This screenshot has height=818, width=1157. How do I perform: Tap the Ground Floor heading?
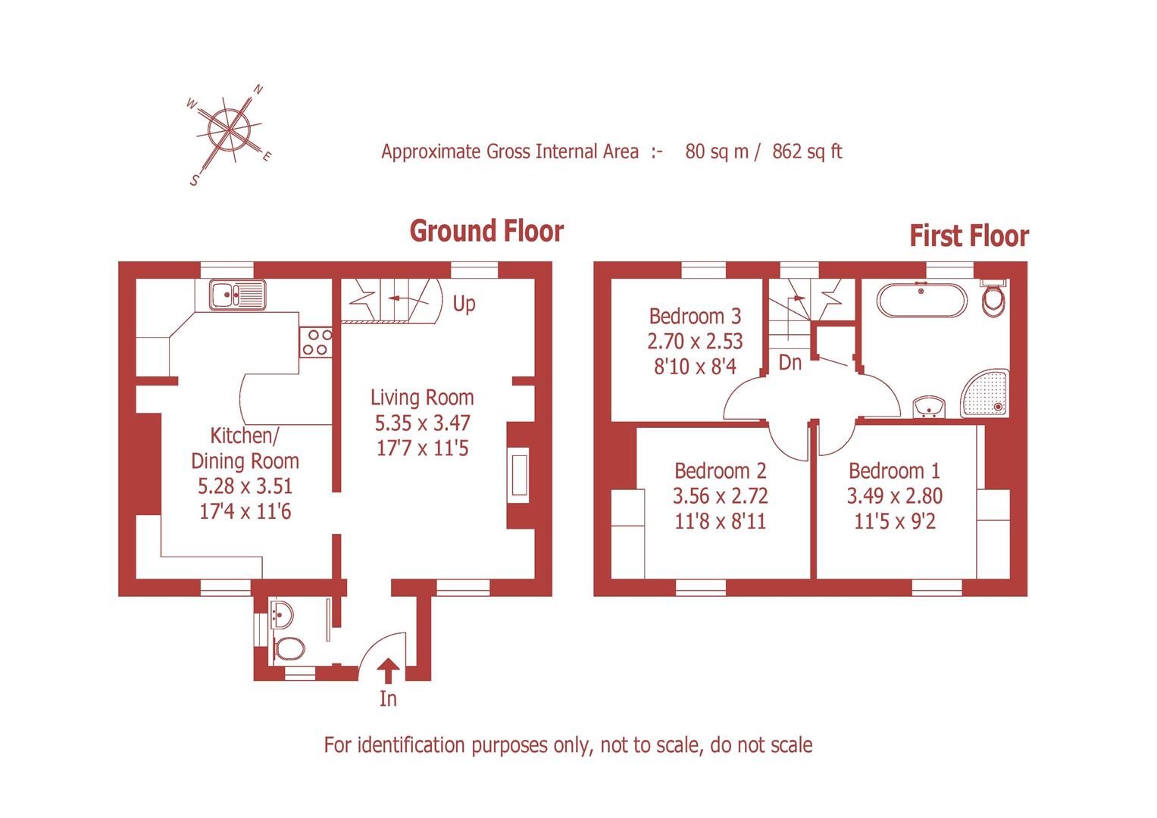[486, 231]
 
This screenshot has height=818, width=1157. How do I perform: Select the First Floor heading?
[968, 236]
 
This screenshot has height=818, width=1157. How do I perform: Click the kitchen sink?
[237, 295]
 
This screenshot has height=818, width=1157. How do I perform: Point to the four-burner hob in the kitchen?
[316, 342]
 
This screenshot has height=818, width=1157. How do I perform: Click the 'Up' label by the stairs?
[464, 304]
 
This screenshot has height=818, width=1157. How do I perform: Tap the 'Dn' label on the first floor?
[790, 363]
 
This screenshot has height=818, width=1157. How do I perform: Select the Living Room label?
[422, 398]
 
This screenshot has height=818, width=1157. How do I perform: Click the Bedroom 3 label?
[695, 316]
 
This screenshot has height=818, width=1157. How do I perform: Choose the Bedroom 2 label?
[720, 471]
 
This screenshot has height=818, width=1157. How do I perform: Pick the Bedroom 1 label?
[894, 471]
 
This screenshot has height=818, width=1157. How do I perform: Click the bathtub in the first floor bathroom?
[922, 301]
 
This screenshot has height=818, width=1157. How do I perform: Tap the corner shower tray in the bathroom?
[986, 394]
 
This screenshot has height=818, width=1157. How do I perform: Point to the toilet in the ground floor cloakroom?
[289, 648]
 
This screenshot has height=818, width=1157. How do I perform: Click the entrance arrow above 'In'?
[388, 670]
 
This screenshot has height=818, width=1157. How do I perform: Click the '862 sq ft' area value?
[807, 151]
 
